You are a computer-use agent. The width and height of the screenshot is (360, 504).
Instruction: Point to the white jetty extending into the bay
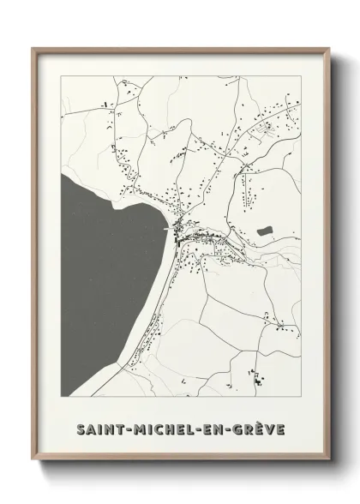click(168, 228)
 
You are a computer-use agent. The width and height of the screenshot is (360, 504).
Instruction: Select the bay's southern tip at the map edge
click(65, 393)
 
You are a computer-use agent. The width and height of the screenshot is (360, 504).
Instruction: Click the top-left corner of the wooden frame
click(33, 48)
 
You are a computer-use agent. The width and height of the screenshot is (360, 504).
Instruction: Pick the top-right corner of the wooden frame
click(327, 48)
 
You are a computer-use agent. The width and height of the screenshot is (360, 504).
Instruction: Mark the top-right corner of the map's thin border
click(301, 75)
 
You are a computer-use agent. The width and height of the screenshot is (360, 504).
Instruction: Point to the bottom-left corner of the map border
click(61, 396)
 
